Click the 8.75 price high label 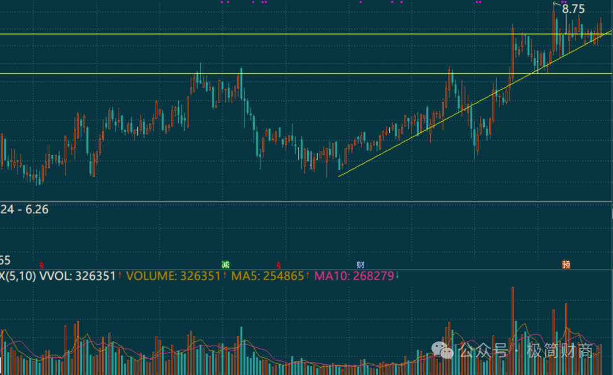(x=573, y=9)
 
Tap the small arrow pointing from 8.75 (x=557, y=4)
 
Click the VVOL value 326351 (x=95, y=276)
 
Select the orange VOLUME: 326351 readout (x=173, y=276)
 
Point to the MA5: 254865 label (x=267, y=276)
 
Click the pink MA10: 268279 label (x=354, y=276)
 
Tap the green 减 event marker (x=225, y=264)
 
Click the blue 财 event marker (x=360, y=264)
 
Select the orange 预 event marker (x=566, y=264)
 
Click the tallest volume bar (x=513, y=329)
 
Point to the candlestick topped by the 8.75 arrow (x=554, y=34)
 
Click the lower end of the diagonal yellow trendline (x=339, y=176)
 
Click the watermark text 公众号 (x=484, y=351)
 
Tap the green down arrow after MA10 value (x=397, y=276)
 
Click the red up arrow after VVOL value (x=120, y=276)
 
